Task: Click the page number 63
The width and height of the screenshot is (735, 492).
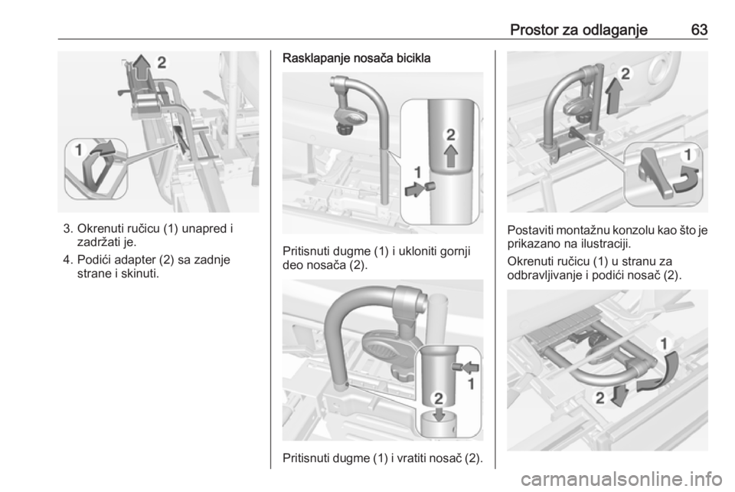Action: point(699,30)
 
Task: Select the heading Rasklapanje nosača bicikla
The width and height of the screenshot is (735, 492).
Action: point(356,59)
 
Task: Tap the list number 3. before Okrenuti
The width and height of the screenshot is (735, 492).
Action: point(68,229)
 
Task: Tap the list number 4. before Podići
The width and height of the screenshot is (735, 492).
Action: point(68,260)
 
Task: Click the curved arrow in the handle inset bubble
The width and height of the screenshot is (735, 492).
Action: point(102,148)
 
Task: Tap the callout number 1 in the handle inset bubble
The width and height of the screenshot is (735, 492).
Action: point(78,150)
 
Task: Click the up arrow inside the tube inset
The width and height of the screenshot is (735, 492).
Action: point(450,156)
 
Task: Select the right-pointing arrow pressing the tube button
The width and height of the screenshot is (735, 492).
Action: point(414,190)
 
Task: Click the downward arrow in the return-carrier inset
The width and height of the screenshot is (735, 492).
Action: point(439,414)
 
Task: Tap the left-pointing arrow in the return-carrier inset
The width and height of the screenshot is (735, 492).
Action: point(470,367)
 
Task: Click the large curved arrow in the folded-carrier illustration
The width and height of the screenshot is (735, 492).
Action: point(658,373)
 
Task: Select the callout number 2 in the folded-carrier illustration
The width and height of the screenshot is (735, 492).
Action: point(599,399)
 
